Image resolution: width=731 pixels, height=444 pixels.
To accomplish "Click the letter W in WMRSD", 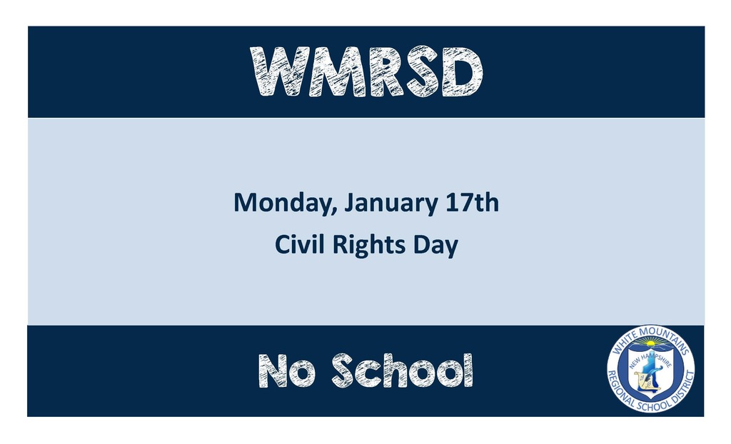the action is [x=280, y=72].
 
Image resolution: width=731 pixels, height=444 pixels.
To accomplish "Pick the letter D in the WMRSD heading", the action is [x=463, y=72].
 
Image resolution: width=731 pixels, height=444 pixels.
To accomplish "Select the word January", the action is [x=391, y=204].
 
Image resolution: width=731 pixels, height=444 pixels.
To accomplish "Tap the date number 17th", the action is [x=472, y=203].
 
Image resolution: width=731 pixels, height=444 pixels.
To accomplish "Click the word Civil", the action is [x=299, y=244].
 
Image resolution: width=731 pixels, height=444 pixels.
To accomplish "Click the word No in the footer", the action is [x=287, y=370].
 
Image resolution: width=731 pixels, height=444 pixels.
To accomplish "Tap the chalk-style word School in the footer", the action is [x=403, y=370].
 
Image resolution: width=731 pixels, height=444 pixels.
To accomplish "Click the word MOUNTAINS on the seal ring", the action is [x=666, y=339].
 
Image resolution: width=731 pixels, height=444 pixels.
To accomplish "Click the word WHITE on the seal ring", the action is [x=624, y=343].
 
